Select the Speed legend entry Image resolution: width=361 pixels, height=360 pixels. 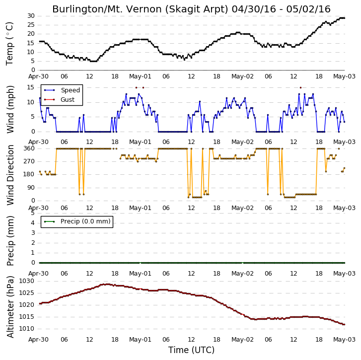[62, 90]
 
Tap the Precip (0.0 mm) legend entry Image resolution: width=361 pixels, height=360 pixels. [77, 221]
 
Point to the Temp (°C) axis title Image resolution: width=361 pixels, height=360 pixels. [9, 44]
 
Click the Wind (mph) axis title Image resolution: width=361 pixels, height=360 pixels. [10, 109]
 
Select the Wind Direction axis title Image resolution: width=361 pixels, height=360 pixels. [10, 175]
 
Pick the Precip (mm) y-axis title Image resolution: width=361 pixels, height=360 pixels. [10, 241]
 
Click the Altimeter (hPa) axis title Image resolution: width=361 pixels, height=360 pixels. [10, 307]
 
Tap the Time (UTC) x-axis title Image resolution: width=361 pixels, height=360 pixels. [191, 350]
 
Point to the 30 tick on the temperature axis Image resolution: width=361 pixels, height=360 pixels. [31, 16]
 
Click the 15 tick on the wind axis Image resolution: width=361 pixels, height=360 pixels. [31, 87]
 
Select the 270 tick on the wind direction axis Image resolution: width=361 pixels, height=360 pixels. [29, 161]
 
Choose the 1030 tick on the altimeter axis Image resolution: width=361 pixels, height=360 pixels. [27, 281]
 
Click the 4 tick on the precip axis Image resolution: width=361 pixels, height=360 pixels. [33, 223]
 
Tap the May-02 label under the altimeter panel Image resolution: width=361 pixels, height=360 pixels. [242, 340]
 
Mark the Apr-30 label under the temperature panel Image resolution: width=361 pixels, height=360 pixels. [38, 76]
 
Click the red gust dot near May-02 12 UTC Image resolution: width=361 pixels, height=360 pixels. [301, 88]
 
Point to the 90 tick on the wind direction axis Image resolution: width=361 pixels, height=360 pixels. [31, 188]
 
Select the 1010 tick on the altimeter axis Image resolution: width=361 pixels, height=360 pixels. [27, 329]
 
